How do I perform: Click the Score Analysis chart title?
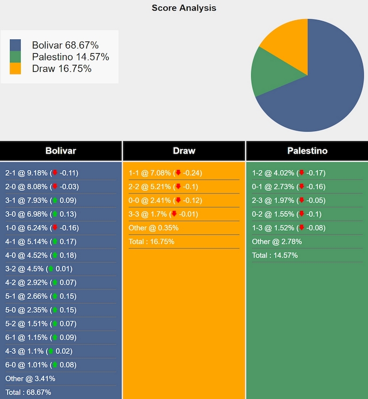coord(183,7)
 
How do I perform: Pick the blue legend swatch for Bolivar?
coord(15,45)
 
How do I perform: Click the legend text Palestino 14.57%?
coord(70,57)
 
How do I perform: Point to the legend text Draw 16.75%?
coord(62,69)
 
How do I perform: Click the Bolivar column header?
coord(61,151)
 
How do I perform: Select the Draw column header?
coord(184,151)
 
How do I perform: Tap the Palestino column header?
coord(307,151)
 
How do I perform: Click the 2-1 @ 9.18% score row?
coord(42,173)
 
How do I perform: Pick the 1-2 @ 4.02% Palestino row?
coord(289,173)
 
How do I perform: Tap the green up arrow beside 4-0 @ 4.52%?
coord(54,255)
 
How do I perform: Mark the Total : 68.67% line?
coord(28,392)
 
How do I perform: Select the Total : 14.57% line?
coord(275,255)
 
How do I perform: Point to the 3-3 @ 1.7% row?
coord(163,214)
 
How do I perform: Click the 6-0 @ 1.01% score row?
coord(42,365)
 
